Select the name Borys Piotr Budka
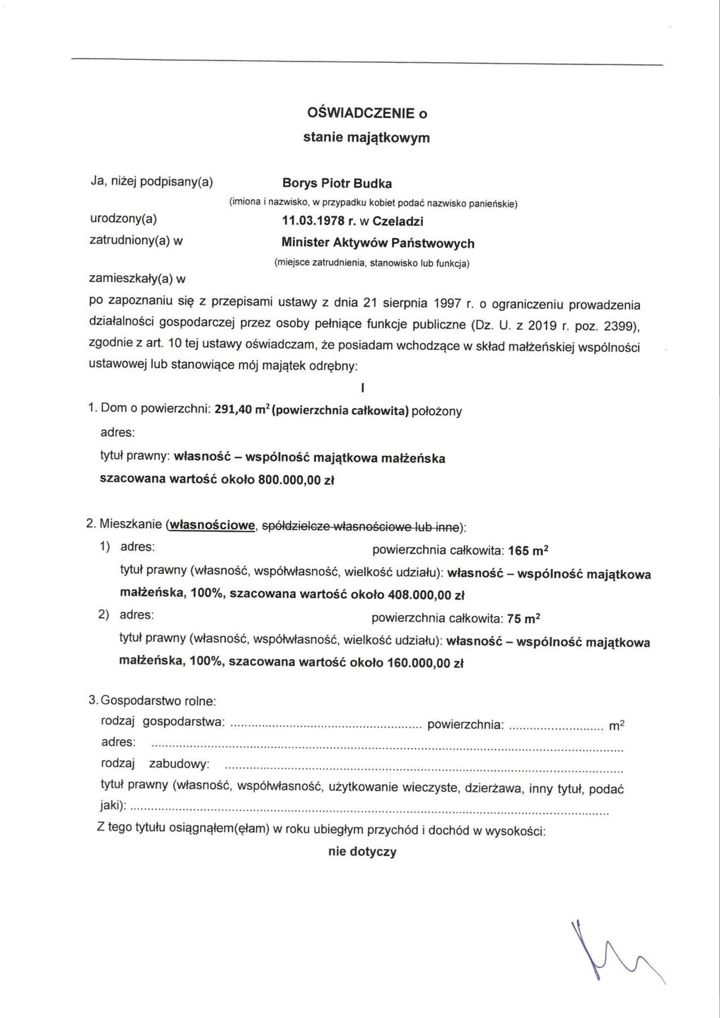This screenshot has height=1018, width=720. coord(336,184)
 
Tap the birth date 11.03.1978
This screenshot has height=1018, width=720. coord(315,222)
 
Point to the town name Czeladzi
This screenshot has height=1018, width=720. coord(397,222)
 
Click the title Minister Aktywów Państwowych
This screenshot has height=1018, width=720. coord(378,243)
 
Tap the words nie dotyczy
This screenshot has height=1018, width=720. coord(362,852)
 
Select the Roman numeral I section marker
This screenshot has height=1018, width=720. coord(361,388)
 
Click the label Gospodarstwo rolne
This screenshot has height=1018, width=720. coord(158,701)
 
